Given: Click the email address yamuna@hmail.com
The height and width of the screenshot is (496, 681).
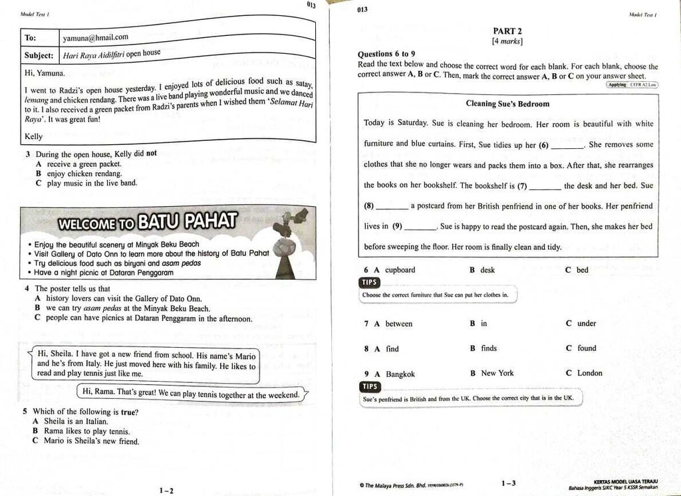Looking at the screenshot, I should pyautogui.click(x=95, y=37).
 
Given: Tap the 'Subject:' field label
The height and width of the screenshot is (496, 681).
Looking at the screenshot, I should pyautogui.click(x=39, y=55).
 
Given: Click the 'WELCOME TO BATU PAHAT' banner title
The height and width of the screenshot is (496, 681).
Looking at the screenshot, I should pyautogui.click(x=148, y=222).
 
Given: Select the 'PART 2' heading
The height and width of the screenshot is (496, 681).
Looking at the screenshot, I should pyautogui.click(x=507, y=31).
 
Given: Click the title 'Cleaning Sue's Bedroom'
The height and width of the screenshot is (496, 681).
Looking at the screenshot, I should pyautogui.click(x=507, y=104).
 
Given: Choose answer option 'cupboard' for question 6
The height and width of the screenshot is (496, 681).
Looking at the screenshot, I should pyautogui.click(x=400, y=270).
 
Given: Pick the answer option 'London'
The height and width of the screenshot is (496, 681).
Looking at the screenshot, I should pyautogui.click(x=589, y=373).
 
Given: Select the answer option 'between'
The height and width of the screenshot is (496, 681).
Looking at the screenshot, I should pyautogui.click(x=398, y=324).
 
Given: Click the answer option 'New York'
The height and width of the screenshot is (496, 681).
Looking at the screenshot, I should pyautogui.click(x=497, y=373).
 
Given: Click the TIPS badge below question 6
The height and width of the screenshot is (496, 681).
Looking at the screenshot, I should pyautogui.click(x=369, y=283).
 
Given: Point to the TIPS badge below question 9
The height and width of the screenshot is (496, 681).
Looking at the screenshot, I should pyautogui.click(x=369, y=386).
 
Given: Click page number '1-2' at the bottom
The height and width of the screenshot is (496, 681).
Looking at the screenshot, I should pyautogui.click(x=166, y=491).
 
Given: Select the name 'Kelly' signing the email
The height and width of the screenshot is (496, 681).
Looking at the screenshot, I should pyautogui.click(x=33, y=136).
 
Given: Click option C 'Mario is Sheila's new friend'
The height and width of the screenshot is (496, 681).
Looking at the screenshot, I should pyautogui.click(x=91, y=441).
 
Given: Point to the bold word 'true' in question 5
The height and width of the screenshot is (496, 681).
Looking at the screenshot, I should pyautogui.click(x=128, y=412).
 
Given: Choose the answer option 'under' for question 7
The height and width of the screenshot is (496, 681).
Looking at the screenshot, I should pyautogui.click(x=587, y=324).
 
